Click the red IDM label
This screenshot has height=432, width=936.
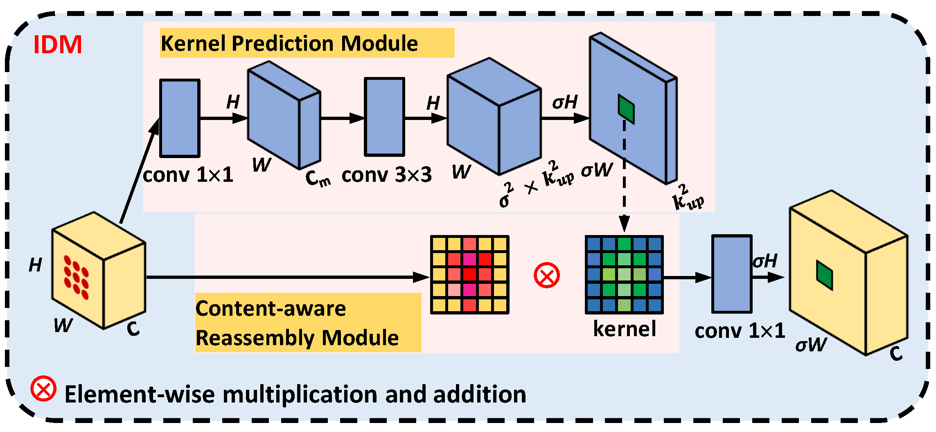[57, 45]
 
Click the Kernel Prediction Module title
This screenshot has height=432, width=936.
[289, 43]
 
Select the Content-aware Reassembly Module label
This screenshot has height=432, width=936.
[297, 323]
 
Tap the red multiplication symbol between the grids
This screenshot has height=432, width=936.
[546, 276]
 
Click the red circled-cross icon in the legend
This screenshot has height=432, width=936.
[43, 388]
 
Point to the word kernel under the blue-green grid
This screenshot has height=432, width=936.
[624, 329]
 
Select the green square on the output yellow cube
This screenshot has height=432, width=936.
[824, 275]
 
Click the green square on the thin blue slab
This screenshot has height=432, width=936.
[626, 109]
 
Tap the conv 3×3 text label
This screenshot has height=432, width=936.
[386, 175]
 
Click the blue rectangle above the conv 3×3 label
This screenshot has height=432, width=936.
[384, 117]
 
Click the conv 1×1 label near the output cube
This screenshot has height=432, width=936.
[740, 331]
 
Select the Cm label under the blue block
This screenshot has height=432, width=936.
[318, 179]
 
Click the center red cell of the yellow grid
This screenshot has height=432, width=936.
[469, 274]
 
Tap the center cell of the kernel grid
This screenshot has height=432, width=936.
[624, 274]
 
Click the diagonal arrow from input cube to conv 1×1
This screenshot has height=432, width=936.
[139, 172]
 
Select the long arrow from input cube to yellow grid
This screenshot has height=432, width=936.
[286, 277]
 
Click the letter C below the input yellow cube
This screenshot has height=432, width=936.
[133, 329]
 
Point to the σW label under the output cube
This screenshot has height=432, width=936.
[811, 345]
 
